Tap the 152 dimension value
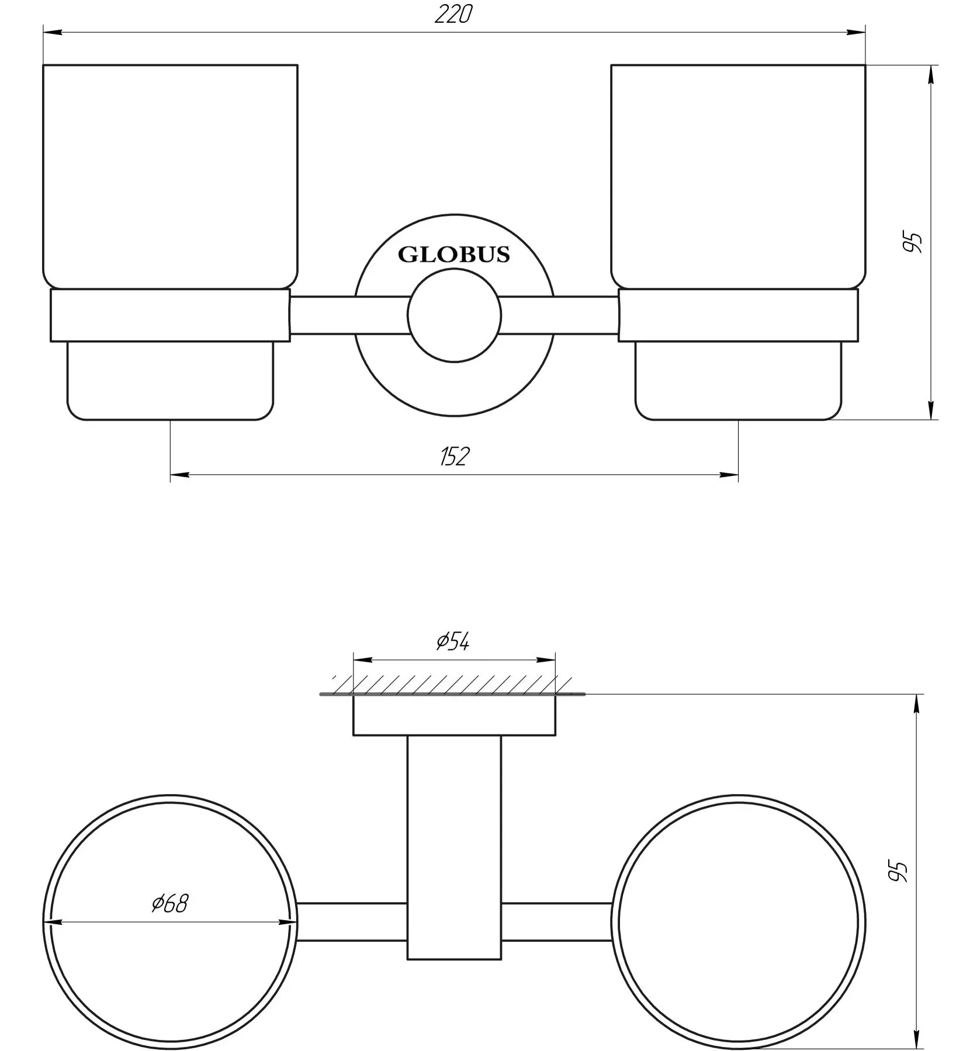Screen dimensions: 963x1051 [454, 456]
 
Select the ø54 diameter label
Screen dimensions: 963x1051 [453, 642]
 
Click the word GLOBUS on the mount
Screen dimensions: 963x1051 [453, 255]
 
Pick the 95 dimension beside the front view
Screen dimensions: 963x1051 [912, 242]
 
